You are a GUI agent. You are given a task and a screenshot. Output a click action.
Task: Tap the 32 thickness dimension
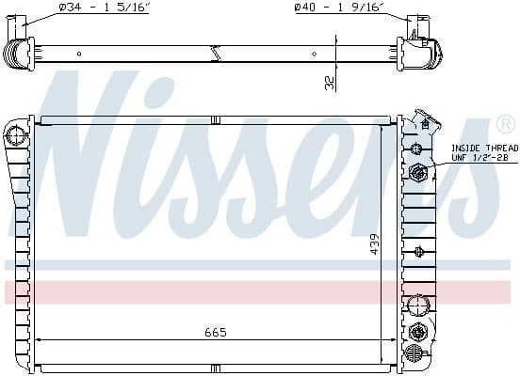click(329, 83)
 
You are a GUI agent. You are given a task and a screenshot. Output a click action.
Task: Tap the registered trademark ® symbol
click(504, 123)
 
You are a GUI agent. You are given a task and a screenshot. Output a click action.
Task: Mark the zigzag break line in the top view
click(215, 55)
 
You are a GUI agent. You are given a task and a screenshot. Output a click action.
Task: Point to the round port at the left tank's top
click(15, 137)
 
